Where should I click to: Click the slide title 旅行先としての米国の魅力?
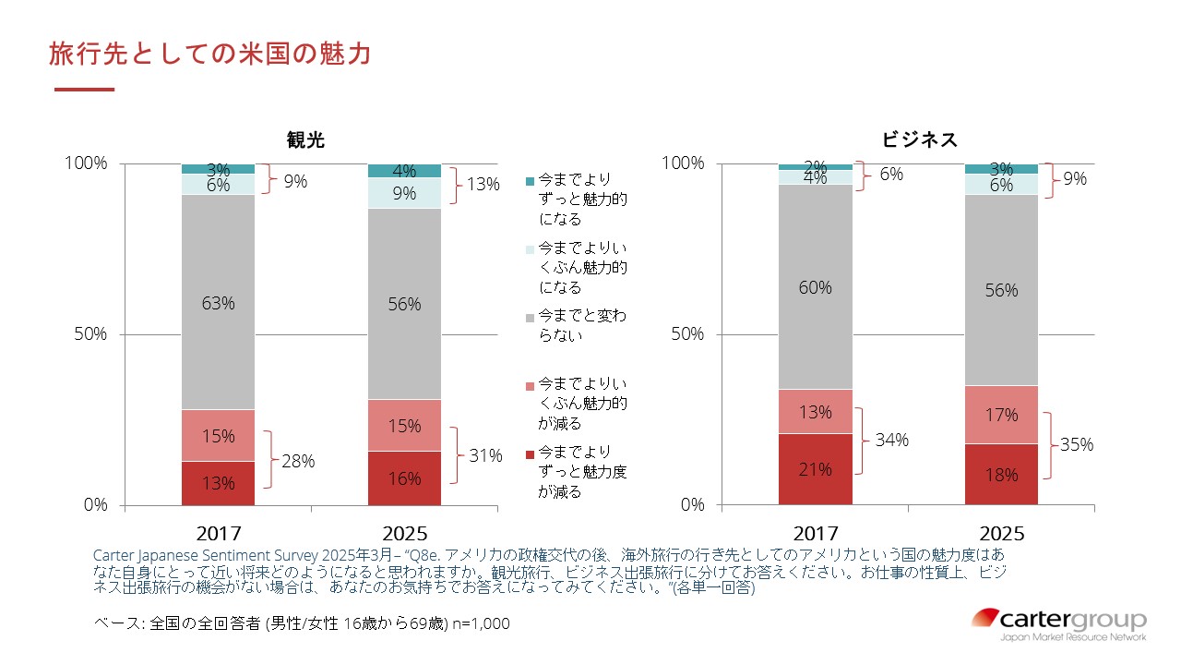209,54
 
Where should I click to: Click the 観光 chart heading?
305,139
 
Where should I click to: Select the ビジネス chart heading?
919,139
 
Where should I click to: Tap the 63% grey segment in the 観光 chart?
218,302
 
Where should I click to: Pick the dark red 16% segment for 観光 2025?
404,478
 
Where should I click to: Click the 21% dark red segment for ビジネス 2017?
816,469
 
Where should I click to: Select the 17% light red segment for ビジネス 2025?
1001,415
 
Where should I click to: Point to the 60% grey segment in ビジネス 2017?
816,287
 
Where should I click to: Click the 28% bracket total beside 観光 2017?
297,461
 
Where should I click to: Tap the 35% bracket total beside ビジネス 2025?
1077,444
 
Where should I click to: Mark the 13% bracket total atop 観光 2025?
483,184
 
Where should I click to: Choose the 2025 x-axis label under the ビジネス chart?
1001,534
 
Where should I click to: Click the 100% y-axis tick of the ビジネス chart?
684,163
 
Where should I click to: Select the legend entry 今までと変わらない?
581,326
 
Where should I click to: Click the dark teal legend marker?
530,179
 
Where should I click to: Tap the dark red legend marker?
530,453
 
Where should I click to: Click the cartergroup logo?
1059,622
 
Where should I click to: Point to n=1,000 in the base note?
481,623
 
